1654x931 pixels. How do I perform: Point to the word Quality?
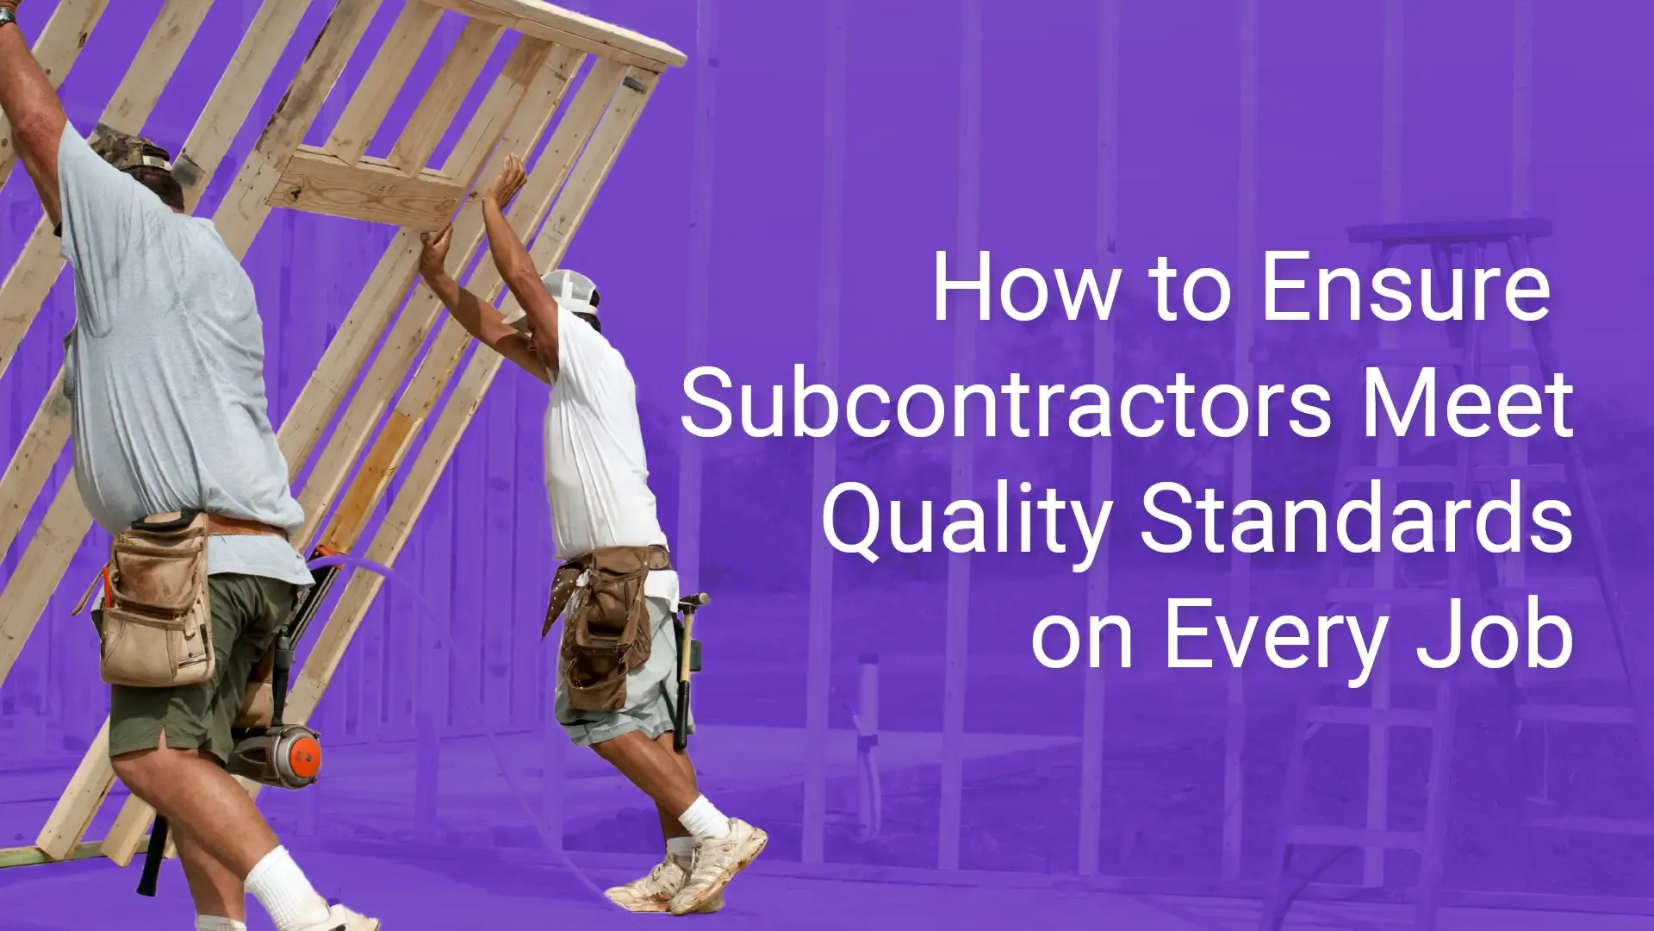965,522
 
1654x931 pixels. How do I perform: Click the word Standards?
1358,519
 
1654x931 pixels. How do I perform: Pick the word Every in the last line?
1274,640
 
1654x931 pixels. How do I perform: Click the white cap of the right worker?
570,291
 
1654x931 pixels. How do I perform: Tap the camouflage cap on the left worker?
131,148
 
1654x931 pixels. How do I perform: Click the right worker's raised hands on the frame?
482,207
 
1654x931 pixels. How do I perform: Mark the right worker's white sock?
704,816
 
